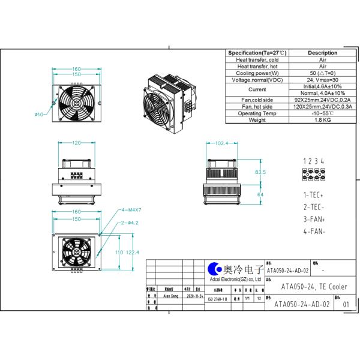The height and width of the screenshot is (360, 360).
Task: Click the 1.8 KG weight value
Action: [x=323, y=120]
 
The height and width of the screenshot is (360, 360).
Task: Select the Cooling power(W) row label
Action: [x=257, y=73]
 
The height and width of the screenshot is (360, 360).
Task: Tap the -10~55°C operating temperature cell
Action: [x=323, y=113]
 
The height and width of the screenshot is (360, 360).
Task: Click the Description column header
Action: [x=323, y=53]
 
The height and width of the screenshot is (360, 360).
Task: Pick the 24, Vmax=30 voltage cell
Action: [x=323, y=80]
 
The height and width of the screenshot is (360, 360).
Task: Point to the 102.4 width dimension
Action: [x=222, y=143]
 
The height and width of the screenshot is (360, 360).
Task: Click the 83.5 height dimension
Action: [x=260, y=172]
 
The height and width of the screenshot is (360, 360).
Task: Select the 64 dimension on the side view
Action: [x=260, y=195]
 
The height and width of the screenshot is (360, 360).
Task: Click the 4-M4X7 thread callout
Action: [x=131, y=211]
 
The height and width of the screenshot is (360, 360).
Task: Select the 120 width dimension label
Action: [x=76, y=143]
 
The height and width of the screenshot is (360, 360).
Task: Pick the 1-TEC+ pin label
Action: [x=313, y=196]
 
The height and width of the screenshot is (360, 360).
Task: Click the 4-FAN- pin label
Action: [x=314, y=230]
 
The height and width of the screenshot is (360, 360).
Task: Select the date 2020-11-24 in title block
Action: [x=195, y=296]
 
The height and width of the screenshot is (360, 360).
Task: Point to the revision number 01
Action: [x=346, y=304]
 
